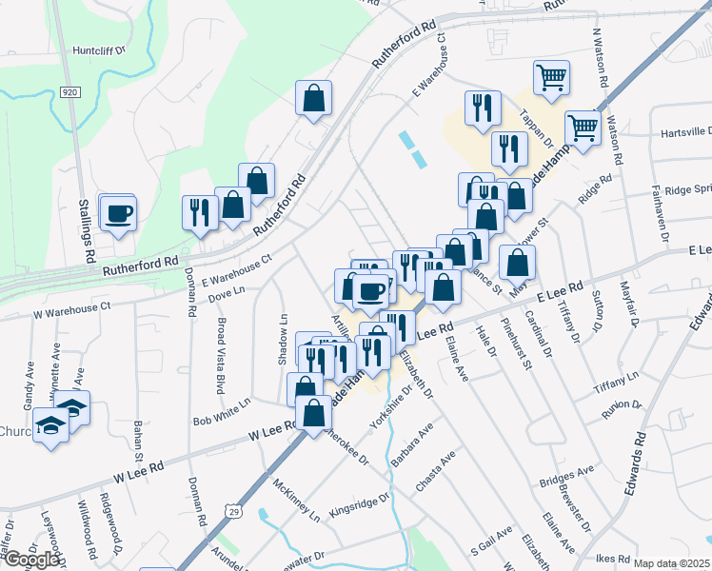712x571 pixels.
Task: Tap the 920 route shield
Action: click(x=68, y=92)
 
